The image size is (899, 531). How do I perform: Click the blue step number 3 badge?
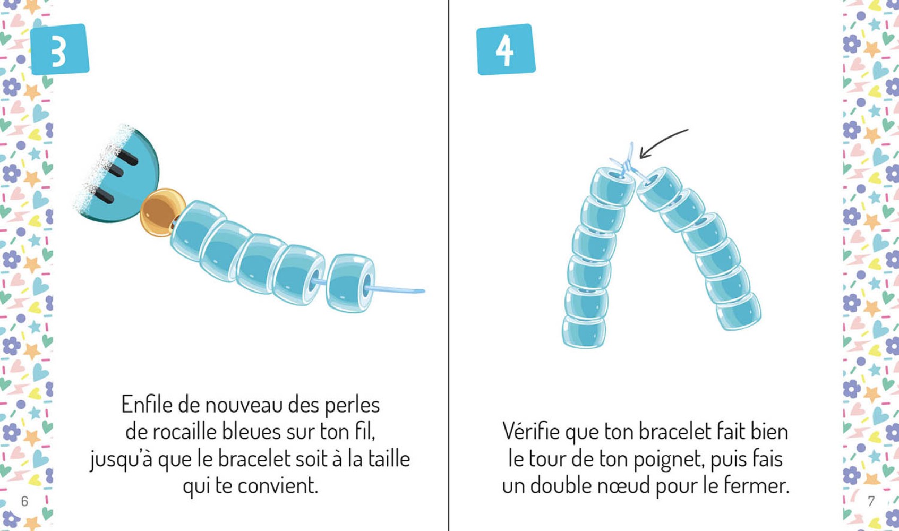click(60, 49)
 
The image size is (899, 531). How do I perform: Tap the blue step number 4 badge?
click(506, 49)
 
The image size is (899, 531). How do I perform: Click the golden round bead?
click(162, 212)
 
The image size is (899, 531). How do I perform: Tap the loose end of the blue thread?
click(423, 291)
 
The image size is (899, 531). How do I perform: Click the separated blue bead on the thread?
click(351, 282)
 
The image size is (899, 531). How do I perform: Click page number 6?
click(24, 501)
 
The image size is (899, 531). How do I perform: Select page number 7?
click(871, 501)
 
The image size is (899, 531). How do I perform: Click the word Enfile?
click(147, 405)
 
